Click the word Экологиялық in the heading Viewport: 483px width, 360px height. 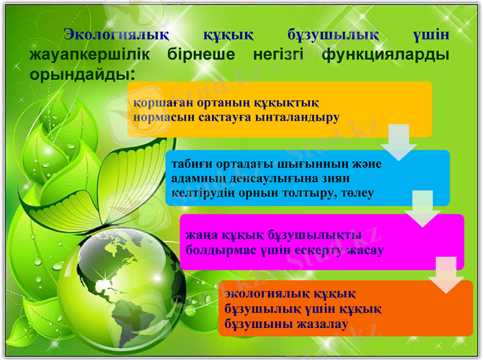click(117, 34)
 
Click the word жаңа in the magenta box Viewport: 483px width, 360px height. click(200, 235)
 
